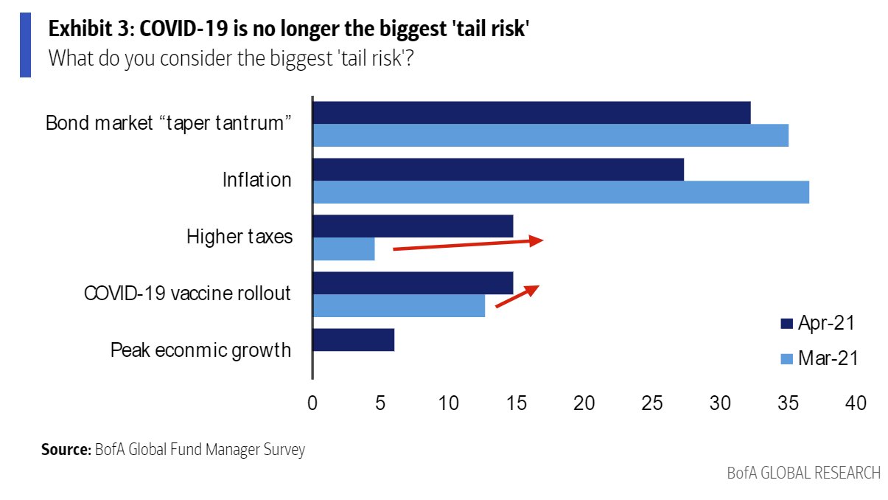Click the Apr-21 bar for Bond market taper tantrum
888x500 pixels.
[531, 113]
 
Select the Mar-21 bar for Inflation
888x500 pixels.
[561, 192]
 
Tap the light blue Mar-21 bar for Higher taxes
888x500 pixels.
[343, 249]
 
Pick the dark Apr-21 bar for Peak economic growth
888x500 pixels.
[353, 340]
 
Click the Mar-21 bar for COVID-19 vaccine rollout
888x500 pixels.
[399, 305]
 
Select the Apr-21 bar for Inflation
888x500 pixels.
[498, 169]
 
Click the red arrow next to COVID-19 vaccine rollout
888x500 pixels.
[517, 296]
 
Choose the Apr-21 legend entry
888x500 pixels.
[818, 323]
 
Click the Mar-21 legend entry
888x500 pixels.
[818, 359]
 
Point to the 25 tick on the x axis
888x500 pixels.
[652, 403]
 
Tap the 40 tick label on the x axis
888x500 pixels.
[856, 403]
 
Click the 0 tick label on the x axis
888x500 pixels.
[312, 403]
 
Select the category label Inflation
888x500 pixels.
[257, 179]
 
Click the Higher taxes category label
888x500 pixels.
[240, 237]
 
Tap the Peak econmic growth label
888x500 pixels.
[200, 350]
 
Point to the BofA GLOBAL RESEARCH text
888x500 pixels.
[803, 473]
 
